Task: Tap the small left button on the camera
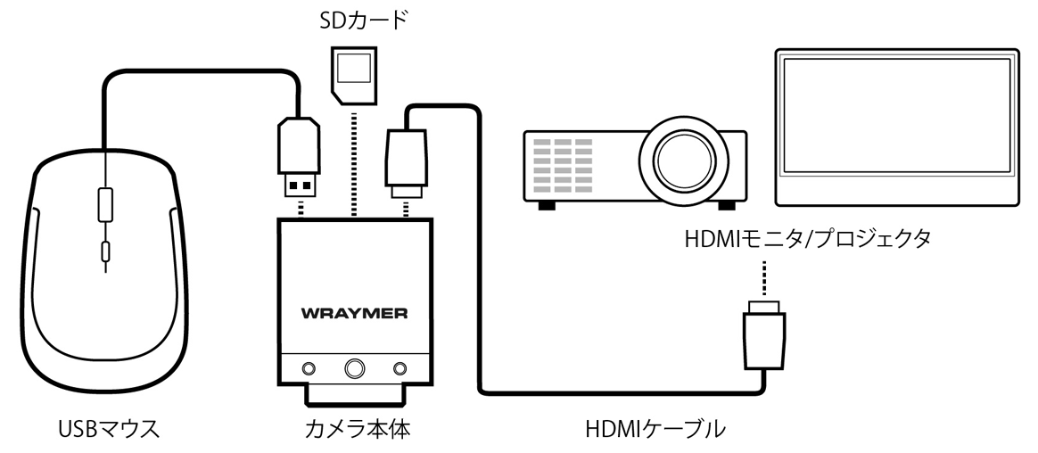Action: pos(309,367)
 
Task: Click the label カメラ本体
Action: pos(355,430)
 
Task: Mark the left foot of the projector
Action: pos(545,202)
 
